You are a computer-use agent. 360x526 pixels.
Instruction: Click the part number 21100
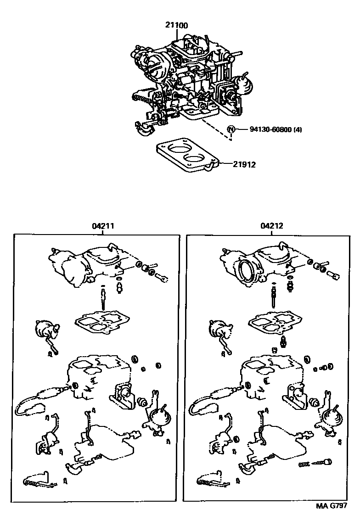(x=176, y=26)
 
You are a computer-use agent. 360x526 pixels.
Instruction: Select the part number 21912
(x=244, y=164)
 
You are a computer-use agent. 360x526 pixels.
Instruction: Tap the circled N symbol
(x=231, y=129)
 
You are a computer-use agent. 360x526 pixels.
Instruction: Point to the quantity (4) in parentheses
(x=297, y=129)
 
